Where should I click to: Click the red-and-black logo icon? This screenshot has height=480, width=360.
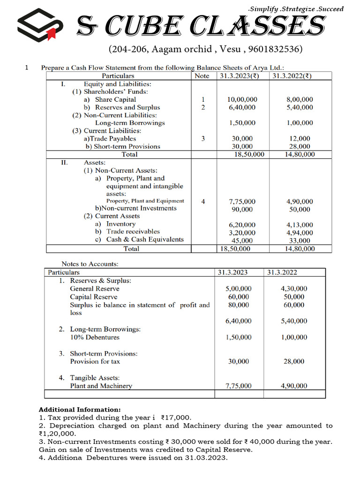pos(40,27)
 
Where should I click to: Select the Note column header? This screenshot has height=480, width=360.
pos(202,76)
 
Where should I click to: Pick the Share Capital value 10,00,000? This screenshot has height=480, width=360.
pos(242,100)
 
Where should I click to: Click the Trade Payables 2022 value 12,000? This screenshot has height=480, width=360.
pos(300,139)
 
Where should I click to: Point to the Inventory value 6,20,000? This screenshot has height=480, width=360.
pos(242,225)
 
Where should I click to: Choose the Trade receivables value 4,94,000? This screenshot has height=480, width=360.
pos(300,233)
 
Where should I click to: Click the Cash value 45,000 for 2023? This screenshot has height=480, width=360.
pos(242,241)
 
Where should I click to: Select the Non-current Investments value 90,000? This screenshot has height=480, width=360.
pos(242,210)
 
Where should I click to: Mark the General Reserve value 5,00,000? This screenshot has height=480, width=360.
pos(238,289)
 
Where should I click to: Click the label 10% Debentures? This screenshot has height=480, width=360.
pos(95,337)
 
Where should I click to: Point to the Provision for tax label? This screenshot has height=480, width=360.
pos(95,362)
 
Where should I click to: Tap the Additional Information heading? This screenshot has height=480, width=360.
pos(79,409)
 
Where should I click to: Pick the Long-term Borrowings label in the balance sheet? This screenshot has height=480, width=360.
pos(130,123)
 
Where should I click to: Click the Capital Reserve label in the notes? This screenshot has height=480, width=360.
pos(94,297)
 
